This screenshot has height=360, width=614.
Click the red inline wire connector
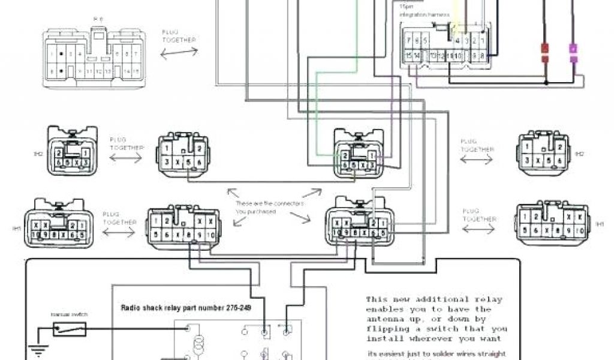pos(546,52)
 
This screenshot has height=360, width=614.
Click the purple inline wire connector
pos(574,52)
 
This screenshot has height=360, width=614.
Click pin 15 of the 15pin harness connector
pos(408,56)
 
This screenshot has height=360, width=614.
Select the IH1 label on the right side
pos(600,224)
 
